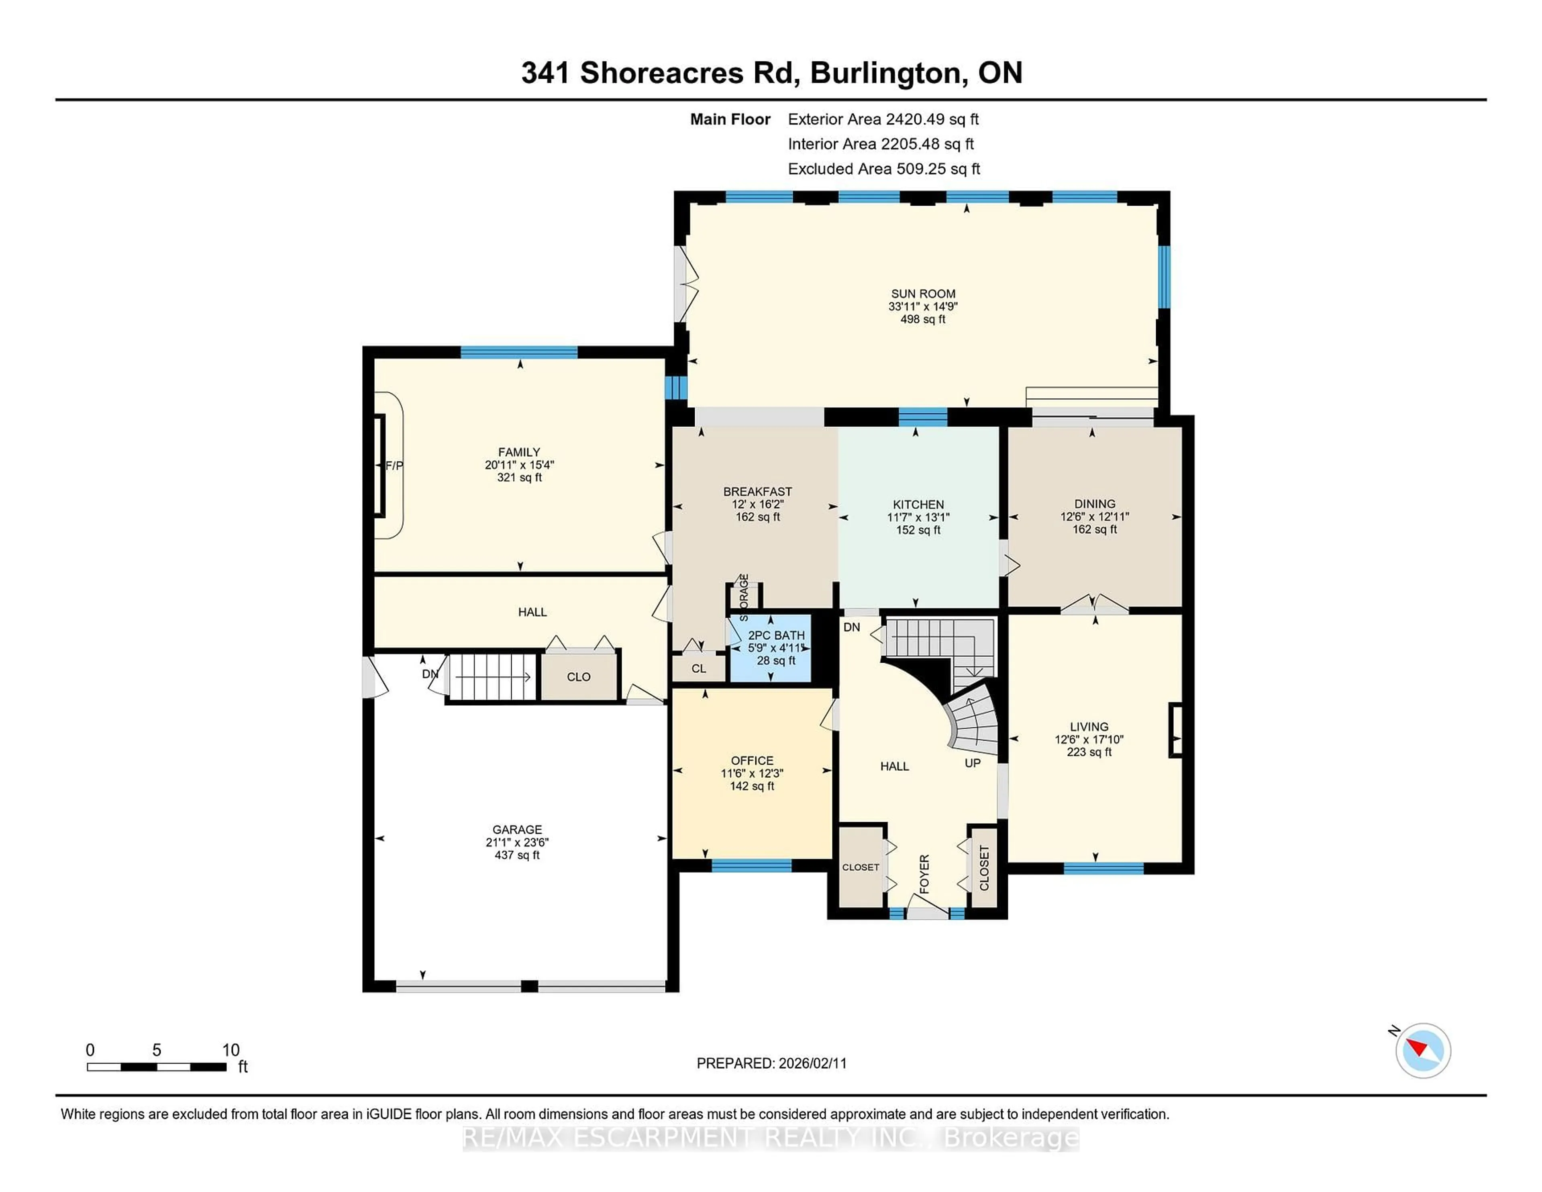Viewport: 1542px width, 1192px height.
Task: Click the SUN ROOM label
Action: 923,294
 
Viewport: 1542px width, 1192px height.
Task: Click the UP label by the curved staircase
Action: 972,763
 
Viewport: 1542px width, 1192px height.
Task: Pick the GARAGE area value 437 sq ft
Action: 517,855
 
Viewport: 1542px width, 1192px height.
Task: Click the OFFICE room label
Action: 752,761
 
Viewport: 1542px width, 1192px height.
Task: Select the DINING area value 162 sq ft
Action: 1094,530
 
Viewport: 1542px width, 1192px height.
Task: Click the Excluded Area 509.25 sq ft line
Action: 883,169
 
